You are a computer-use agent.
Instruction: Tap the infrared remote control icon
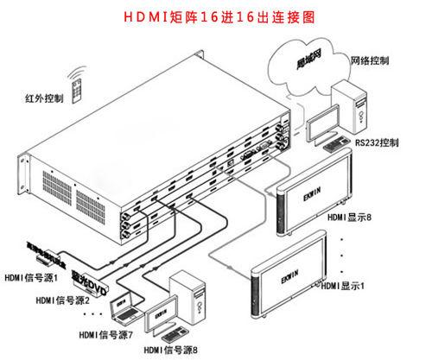[x=79, y=86]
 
